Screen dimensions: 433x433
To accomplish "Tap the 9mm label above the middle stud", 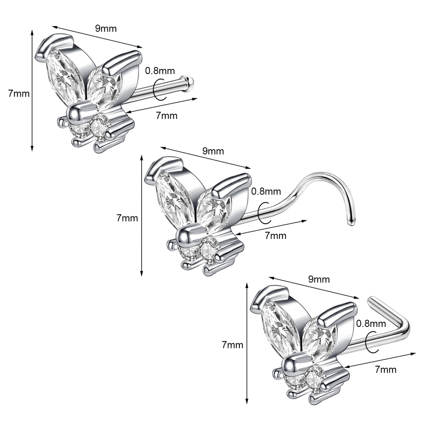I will pos(213,151).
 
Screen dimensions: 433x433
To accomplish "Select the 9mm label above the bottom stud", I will pos(319,279).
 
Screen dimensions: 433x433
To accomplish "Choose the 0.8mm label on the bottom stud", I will pos(371,324).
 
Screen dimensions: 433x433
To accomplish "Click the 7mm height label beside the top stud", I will pos(19,93).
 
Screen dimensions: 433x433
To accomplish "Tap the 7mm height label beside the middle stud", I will pos(127,218).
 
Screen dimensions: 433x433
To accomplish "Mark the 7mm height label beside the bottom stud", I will pos(233,345).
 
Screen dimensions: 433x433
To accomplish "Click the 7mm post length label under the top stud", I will pos(167,115).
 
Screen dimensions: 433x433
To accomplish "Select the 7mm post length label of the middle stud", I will pos(275,236).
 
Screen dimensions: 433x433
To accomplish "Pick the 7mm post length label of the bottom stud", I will pos(386,370).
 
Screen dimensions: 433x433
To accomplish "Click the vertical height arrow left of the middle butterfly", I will pos(142,216).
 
